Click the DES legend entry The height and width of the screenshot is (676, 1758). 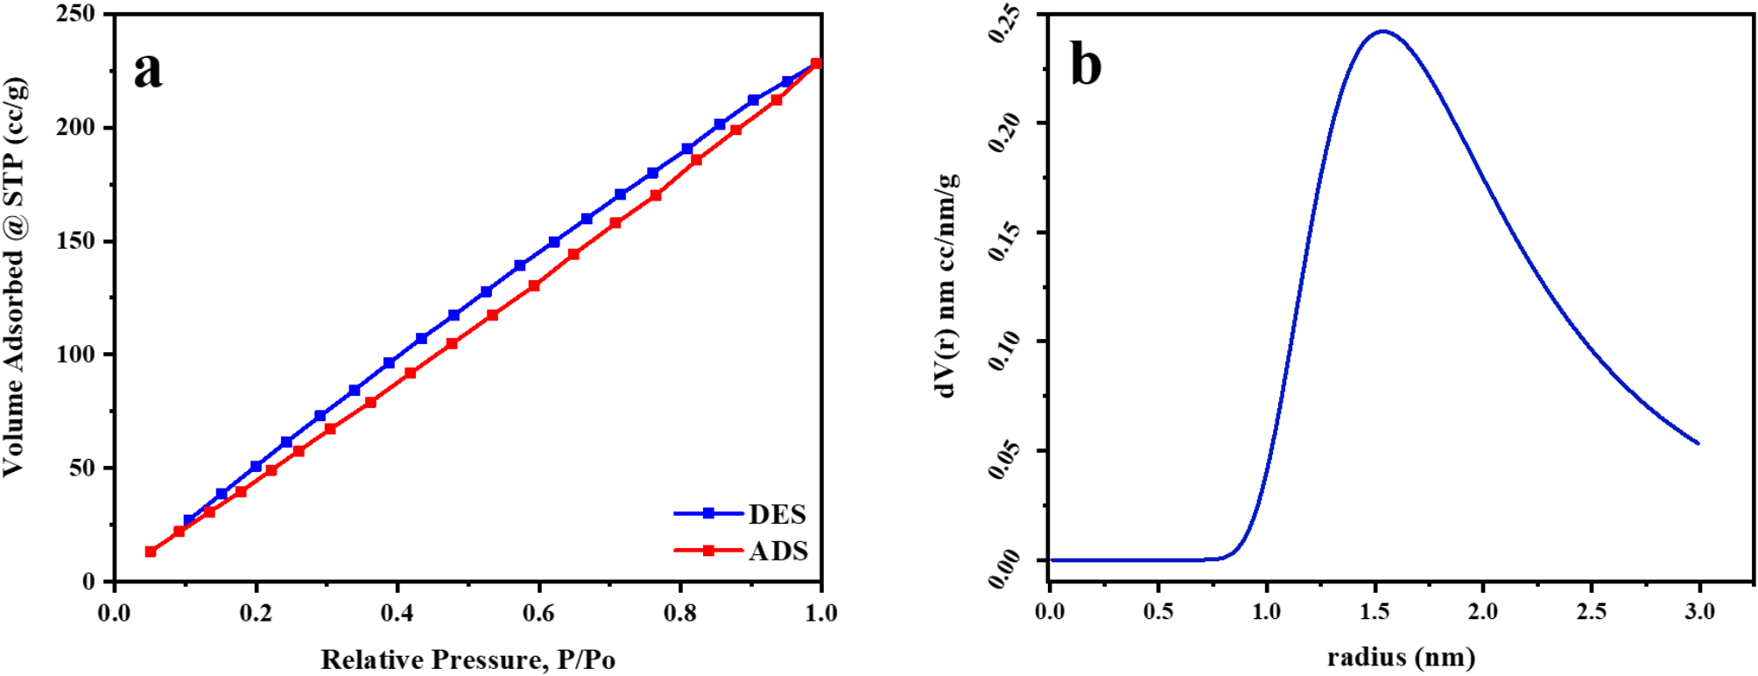coord(777,514)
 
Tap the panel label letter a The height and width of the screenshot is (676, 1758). coord(148,70)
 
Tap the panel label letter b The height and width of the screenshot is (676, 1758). coord(1086,65)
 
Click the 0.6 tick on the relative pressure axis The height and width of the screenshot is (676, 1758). coord(538,613)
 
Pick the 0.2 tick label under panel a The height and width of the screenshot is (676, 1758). coord(256,613)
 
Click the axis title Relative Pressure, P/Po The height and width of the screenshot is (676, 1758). coord(468,659)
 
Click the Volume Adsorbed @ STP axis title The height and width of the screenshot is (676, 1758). coord(15,276)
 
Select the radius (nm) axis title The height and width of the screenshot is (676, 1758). coord(1401,657)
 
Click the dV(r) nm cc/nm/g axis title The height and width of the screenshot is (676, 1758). coord(946,285)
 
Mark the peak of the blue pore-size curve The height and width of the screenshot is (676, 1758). coord(1382,32)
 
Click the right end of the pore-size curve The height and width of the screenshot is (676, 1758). coord(1698,443)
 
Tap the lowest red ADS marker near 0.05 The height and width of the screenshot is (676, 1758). coord(151,552)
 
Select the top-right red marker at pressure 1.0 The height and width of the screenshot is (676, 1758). coord(816,64)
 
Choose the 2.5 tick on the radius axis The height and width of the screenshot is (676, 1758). coord(1591,611)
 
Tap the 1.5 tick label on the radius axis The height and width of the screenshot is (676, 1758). coord(1375,611)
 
